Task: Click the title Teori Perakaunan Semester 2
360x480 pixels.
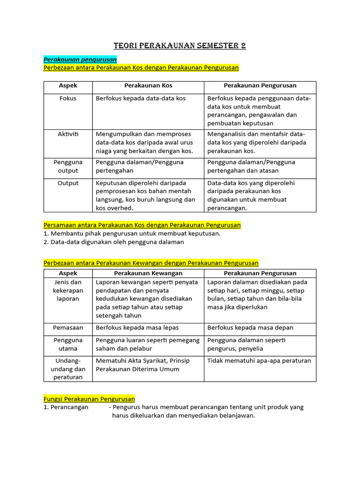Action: pos(180,46)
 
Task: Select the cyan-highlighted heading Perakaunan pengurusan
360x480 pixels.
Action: pos(80,60)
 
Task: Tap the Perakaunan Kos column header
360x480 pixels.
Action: pos(148,86)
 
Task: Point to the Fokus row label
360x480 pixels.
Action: pos(68,98)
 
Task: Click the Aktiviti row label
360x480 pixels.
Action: pos(68,134)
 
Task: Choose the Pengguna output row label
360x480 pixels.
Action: pos(68,166)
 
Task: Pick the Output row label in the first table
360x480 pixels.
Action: pos(68,183)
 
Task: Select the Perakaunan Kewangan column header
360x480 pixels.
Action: pos(148,273)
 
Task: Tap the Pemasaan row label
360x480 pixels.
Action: pos(68,328)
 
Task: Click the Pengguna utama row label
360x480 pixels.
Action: pos(68,345)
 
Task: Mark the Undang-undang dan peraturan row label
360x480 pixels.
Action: pos(68,369)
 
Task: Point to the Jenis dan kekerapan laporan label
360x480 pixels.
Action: pos(68,291)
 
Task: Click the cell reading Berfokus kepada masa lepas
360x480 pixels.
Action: pos(137,328)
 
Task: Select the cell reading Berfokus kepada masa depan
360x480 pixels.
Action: pos(250,328)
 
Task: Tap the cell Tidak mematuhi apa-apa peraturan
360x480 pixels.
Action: pos(259,361)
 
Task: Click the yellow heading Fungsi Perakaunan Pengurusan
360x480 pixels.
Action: pos(89,399)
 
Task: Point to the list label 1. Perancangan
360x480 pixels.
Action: pos(66,407)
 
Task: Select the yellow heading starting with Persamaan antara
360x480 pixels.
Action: pos(142,225)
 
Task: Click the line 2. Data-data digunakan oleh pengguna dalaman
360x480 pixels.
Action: pos(114,242)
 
